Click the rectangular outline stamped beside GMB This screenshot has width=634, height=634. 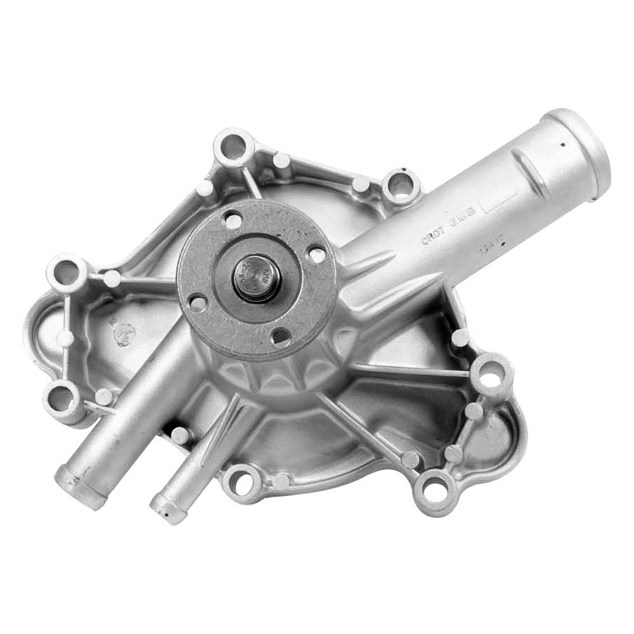tap(498, 202)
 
